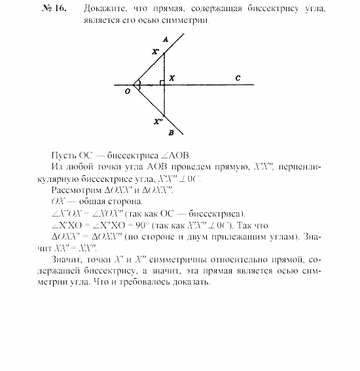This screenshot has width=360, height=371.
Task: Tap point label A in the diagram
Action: (x=166, y=40)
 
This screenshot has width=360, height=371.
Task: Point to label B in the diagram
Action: (x=170, y=132)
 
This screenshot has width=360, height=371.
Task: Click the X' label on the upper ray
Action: (x=155, y=52)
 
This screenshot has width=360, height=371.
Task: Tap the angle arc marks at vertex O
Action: (x=138, y=84)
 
